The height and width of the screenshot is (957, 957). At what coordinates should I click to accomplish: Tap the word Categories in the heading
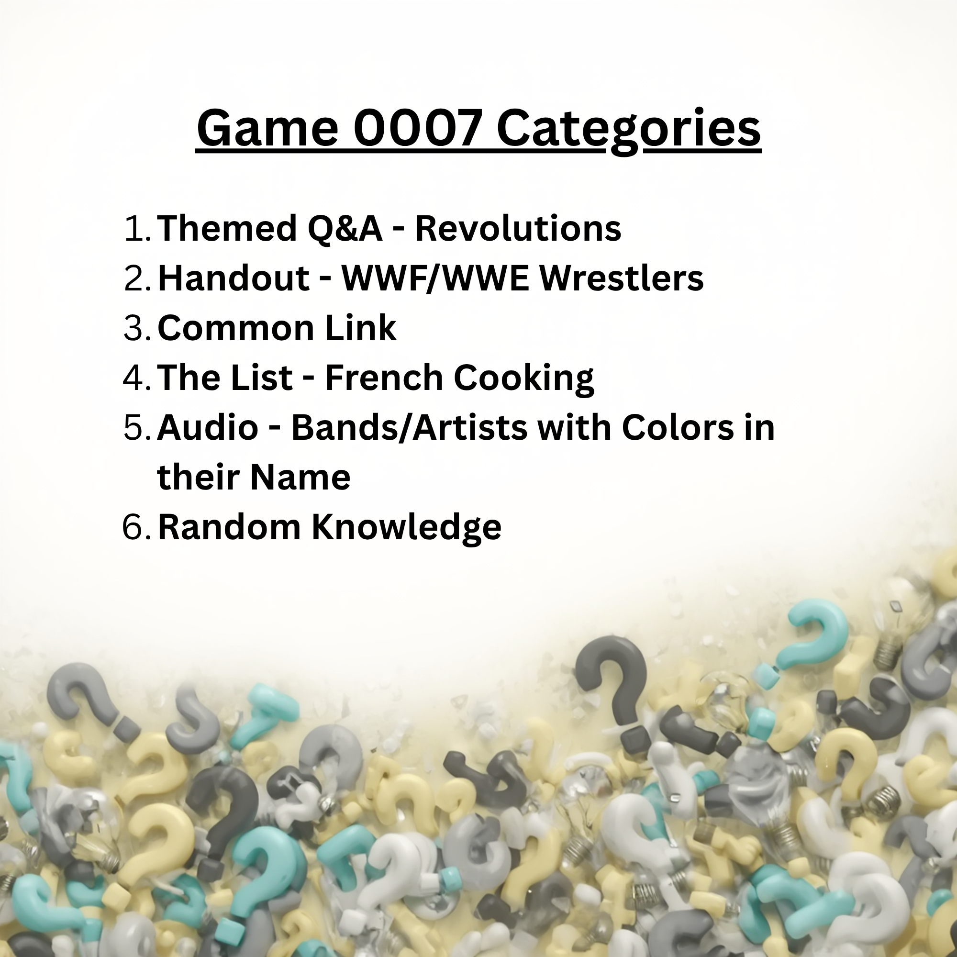(x=629, y=129)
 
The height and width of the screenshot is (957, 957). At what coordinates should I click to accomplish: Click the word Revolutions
(x=518, y=228)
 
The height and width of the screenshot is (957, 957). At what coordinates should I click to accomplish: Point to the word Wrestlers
(x=622, y=278)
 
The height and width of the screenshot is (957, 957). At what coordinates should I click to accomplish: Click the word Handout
(x=234, y=278)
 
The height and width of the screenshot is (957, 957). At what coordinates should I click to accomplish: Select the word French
(x=384, y=378)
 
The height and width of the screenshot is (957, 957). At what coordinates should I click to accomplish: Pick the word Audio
(x=208, y=427)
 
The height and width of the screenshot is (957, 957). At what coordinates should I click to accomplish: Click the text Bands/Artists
(x=409, y=427)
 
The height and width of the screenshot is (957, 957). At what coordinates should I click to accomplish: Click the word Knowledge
(x=406, y=527)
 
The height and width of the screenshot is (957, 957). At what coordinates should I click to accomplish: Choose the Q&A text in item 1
(x=345, y=228)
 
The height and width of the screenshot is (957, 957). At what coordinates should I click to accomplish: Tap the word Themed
(x=227, y=228)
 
